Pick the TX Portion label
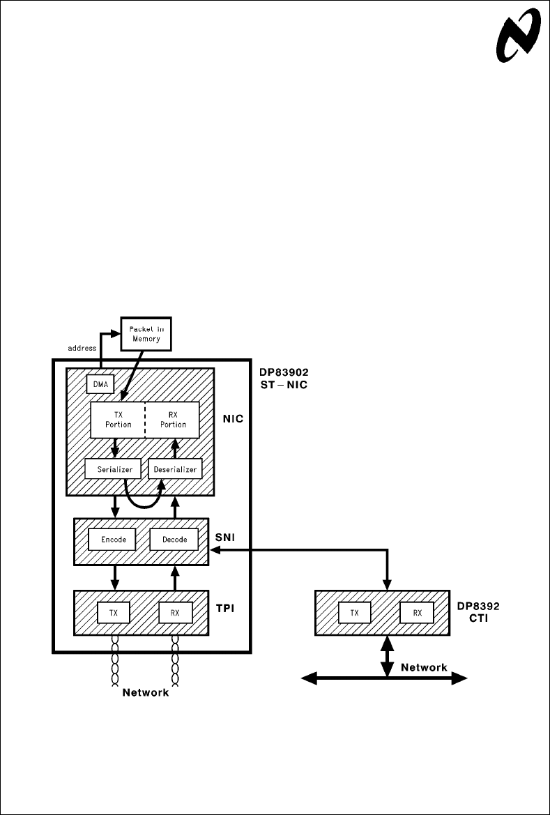point(119,419)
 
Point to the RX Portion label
point(173,419)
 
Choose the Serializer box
point(113,469)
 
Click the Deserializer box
point(175,469)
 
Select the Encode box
point(113,539)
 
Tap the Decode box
point(174,539)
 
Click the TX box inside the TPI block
point(113,612)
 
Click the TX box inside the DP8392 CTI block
point(355,613)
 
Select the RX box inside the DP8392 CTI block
point(417,613)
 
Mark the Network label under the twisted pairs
point(146,693)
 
